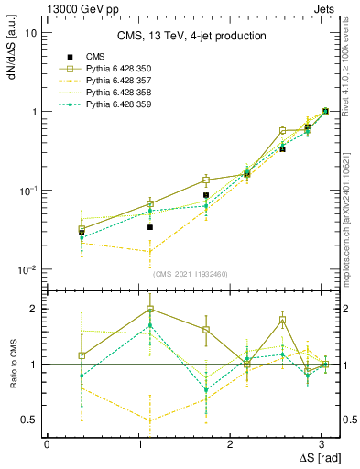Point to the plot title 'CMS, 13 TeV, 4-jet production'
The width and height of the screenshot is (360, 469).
point(192,36)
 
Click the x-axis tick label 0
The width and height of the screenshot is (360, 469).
point(47,443)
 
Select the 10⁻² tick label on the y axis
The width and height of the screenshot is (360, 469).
point(28,270)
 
